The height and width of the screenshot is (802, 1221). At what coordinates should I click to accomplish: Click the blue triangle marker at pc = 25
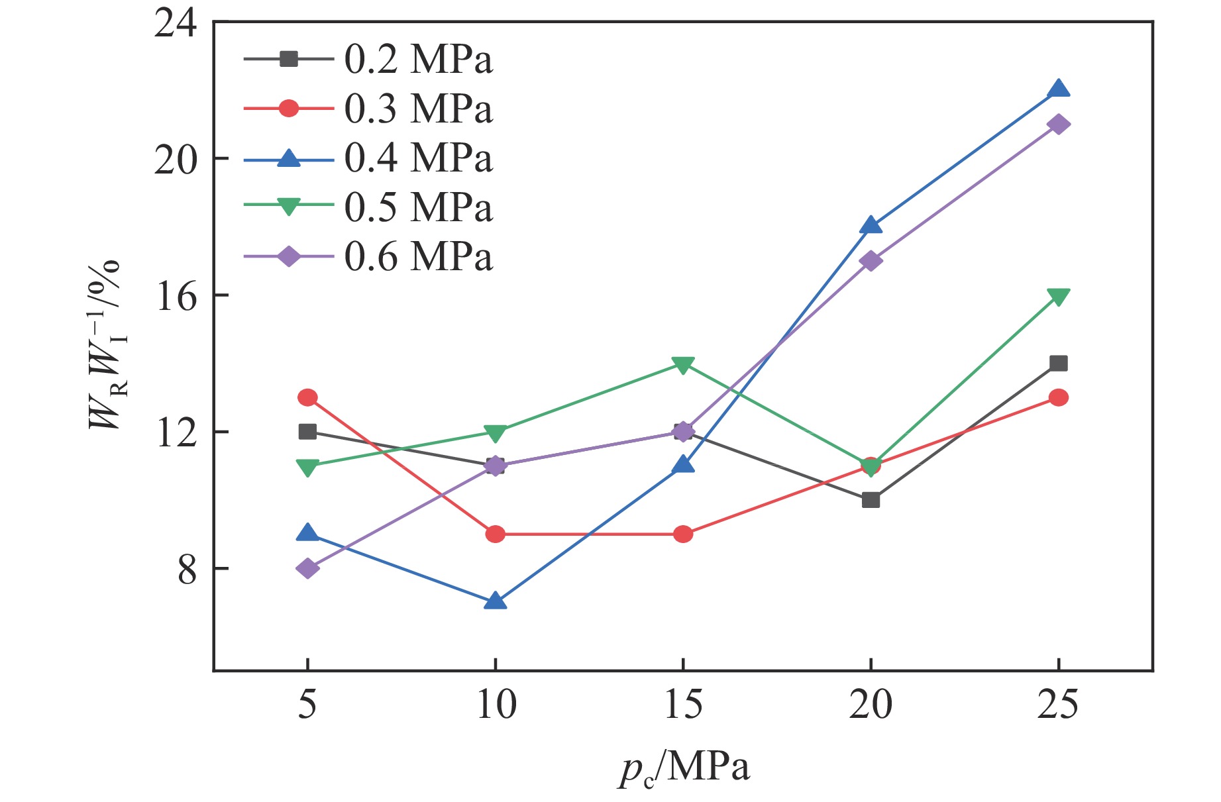pos(1058,89)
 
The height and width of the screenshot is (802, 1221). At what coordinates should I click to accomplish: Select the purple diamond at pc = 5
pos(307,568)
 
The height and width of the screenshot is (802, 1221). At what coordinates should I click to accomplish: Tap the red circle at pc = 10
pos(496,534)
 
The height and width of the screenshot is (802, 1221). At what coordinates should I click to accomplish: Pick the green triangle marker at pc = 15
pos(683,364)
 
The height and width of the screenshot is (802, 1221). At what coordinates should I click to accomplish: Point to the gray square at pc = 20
pos(871,500)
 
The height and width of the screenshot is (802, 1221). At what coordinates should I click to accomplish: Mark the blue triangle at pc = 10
pos(496,601)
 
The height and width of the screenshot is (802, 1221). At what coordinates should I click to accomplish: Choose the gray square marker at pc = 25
pos(1058,364)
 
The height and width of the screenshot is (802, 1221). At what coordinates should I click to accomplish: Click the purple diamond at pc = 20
pos(871,261)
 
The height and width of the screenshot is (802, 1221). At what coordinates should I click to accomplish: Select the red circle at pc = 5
pos(307,397)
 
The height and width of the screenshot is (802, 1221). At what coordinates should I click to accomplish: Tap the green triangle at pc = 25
pos(1058,296)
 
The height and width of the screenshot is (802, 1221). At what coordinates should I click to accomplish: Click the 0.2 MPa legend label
pos(419,60)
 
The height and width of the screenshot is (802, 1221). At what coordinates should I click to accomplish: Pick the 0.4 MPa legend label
pos(419,158)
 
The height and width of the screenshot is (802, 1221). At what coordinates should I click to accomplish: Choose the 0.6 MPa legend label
pos(419,257)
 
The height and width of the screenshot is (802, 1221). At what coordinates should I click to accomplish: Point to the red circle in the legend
pos(289,108)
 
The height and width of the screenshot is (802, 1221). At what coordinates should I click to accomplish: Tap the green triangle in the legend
pos(289,207)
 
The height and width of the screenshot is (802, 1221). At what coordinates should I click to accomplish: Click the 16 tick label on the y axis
pos(176,296)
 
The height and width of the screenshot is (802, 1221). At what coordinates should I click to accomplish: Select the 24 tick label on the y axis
pos(176,24)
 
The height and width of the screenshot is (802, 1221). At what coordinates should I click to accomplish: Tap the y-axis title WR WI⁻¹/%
pos(106,344)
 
